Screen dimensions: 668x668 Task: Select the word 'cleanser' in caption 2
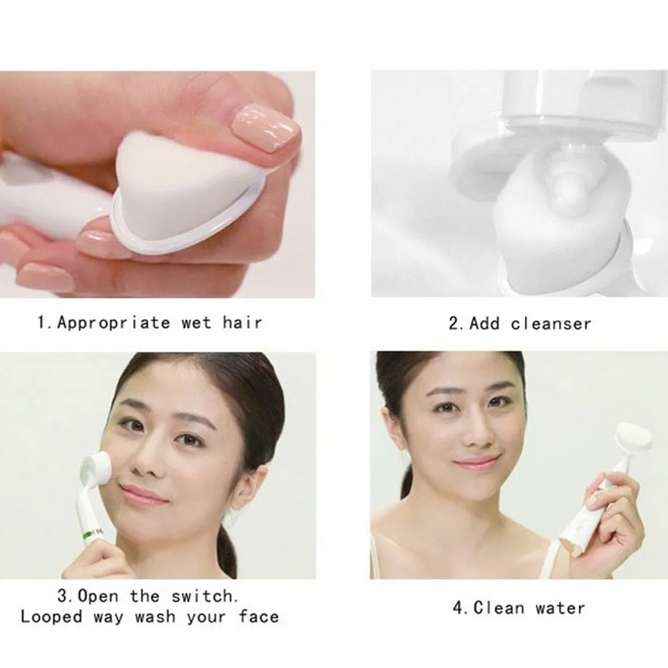tap(551, 324)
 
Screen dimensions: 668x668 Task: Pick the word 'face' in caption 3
tap(259, 616)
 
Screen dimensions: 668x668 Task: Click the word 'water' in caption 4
tap(552, 608)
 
